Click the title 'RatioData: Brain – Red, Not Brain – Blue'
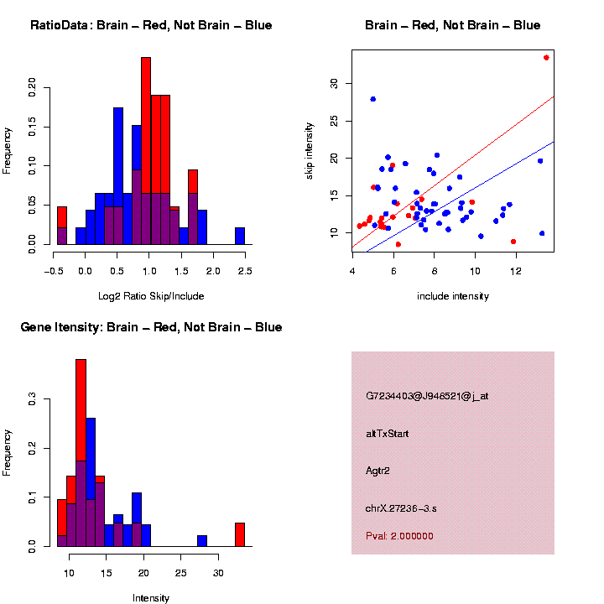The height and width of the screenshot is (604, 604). pos(151,25)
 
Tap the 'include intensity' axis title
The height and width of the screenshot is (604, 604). pos(453,296)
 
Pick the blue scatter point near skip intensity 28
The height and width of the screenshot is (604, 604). pos(372,99)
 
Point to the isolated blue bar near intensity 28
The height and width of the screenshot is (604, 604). pos(202,540)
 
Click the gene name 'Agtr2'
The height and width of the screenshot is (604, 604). pos(378,471)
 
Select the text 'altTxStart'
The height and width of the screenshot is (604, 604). pos(388,434)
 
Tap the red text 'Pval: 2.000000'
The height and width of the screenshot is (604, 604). pos(399,535)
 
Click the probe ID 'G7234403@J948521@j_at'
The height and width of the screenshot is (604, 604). pos(427,396)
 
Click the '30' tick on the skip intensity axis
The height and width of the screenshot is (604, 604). pos(333,83)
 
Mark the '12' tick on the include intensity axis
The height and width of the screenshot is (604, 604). pos(515,271)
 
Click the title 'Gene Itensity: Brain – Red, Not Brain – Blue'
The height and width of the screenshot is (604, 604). pos(151,327)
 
